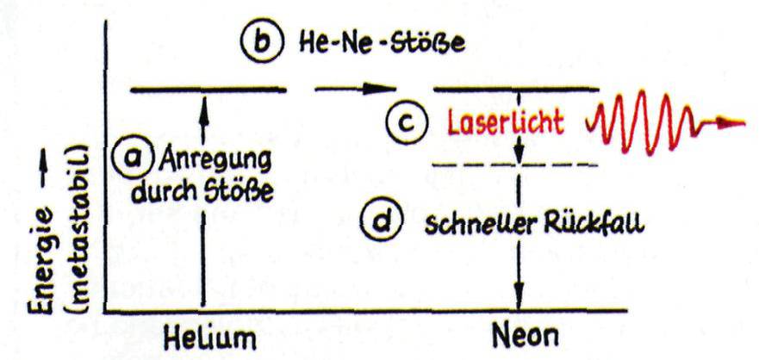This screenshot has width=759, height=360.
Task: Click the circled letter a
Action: (x=130, y=157)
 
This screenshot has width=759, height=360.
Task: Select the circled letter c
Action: (x=406, y=123)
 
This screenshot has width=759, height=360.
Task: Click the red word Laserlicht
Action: (x=505, y=124)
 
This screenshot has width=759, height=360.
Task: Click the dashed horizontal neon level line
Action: (x=515, y=165)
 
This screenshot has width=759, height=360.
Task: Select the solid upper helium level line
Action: (x=208, y=89)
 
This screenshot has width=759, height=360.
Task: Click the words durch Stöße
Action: (x=202, y=193)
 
